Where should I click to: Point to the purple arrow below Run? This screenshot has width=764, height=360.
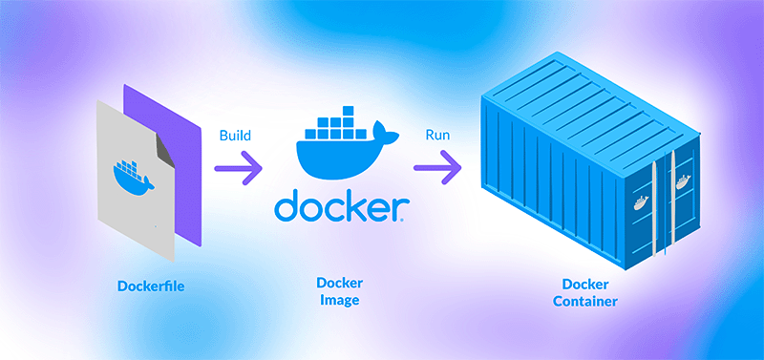click(x=438, y=170)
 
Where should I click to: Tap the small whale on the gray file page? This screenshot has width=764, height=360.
click(x=129, y=175)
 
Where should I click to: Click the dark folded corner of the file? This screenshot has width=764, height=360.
click(x=165, y=150)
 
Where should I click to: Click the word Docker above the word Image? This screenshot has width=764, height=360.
click(x=339, y=284)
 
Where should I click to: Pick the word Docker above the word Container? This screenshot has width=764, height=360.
click(x=584, y=285)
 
